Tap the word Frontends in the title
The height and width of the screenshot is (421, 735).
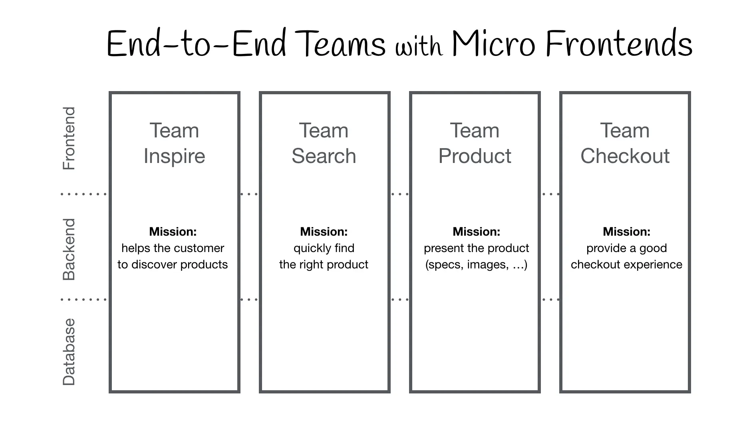[619, 44]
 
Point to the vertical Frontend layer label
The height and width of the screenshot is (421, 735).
[69, 138]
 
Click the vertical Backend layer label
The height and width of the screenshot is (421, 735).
[69, 249]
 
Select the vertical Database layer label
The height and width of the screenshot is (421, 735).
[69, 351]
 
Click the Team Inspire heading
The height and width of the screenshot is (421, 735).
[174, 143]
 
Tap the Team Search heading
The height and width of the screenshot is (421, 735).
[324, 143]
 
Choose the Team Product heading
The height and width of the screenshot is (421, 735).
[475, 143]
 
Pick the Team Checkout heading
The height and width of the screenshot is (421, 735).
[625, 143]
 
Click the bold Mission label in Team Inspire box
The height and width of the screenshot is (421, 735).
[173, 232]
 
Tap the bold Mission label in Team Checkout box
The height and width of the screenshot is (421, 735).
[626, 232]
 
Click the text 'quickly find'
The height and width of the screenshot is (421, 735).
[324, 248]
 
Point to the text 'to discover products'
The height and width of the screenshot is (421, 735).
[173, 264]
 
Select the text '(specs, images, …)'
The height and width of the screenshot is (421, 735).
[476, 264]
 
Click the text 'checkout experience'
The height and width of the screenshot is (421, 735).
[626, 264]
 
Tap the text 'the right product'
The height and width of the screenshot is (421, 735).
[324, 264]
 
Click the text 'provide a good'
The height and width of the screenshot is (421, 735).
[626, 248]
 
